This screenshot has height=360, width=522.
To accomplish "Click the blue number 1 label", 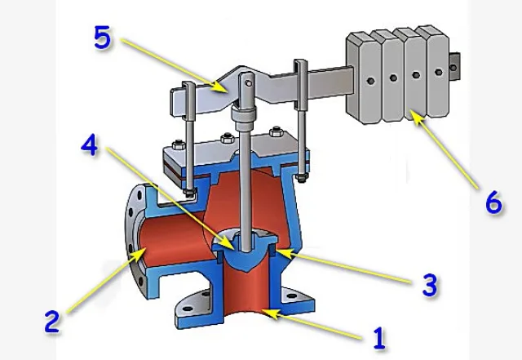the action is click(379, 338).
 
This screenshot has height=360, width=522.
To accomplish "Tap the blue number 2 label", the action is click(52, 321).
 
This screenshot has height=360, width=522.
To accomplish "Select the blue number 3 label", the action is click(430, 285).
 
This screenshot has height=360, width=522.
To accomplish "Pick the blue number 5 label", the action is click(102, 38).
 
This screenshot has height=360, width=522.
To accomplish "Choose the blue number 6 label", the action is click(493, 202).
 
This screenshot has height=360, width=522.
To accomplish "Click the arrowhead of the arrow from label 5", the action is click(220, 87).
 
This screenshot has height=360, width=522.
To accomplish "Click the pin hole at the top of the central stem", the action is click(248, 82).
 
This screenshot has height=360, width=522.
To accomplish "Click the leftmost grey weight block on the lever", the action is click(363, 78).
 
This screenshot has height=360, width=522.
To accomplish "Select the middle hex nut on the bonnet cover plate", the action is click(227, 138).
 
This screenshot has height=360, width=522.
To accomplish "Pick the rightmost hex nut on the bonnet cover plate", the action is click(276, 131).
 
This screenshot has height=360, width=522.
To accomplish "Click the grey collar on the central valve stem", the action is click(245, 118).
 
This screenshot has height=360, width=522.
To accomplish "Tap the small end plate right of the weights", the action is click(454, 67).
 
